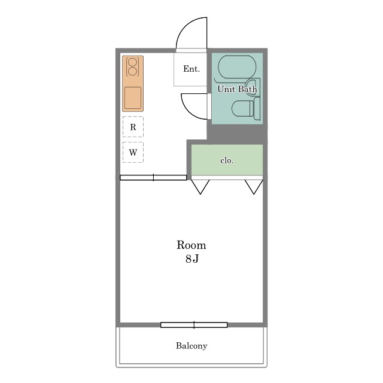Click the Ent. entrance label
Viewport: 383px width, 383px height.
(191, 69)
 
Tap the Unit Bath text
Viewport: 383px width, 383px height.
(237, 89)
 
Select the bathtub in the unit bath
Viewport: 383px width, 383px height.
(237, 67)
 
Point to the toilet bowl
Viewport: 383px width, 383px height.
(242, 109)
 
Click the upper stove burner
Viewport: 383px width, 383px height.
(132, 62)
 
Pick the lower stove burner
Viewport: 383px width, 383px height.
(132, 71)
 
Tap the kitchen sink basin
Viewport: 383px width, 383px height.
(133, 98)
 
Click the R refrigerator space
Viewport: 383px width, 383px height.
(133, 127)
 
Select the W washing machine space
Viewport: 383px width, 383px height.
(133, 152)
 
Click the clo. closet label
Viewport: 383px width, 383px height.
(227, 160)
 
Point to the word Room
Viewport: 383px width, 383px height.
(191, 245)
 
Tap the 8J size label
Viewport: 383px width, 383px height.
(192, 259)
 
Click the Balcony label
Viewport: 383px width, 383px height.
(191, 346)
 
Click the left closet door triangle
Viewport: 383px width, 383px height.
(200, 187)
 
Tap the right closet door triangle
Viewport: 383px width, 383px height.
(254, 187)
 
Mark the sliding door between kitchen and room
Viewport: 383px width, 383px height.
(153, 178)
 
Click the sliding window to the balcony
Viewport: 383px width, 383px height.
(194, 325)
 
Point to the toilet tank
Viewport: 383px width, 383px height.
(257, 108)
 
